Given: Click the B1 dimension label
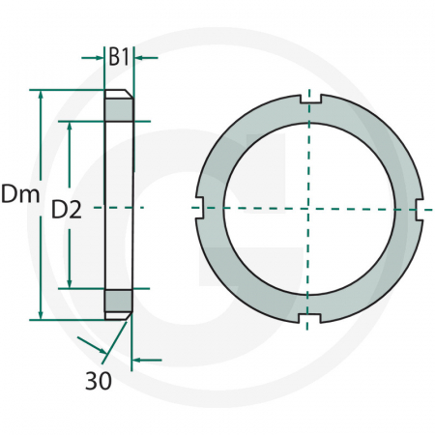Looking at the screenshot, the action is [x=119, y=57].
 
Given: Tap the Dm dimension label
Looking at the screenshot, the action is [x=20, y=193].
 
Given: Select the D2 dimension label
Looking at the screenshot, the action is [x=67, y=210].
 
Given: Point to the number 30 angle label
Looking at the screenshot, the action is [x=99, y=381].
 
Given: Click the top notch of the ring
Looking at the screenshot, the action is [x=310, y=99].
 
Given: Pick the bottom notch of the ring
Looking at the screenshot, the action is [x=309, y=318].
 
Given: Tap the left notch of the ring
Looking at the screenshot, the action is [x=200, y=208].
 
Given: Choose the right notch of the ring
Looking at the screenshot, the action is [x=420, y=210].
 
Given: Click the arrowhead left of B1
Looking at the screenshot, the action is [x=98, y=58].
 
